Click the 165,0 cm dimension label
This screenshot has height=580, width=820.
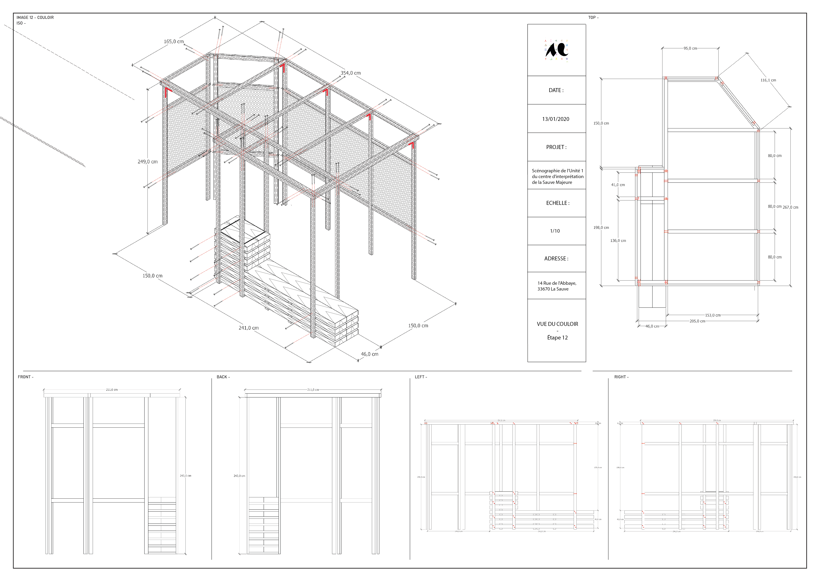(174, 41)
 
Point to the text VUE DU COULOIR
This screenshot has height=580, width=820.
(557, 324)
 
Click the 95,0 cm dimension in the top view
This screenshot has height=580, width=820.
(690, 48)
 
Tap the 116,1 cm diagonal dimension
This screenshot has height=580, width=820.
(768, 80)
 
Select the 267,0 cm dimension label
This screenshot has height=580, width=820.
(790, 207)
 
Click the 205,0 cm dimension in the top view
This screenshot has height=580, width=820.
(697, 321)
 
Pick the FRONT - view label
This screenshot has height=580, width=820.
(25, 377)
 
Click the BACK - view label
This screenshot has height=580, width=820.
(223, 377)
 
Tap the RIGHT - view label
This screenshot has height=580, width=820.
(621, 377)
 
